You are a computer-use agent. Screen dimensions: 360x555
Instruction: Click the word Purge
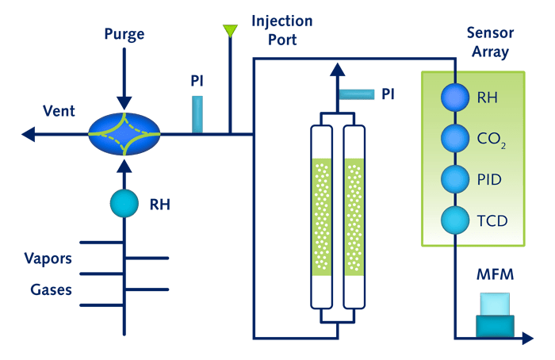(x=124, y=34)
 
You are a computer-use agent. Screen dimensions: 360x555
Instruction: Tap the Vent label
(x=60, y=111)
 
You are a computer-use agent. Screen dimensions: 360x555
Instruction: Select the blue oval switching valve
(x=124, y=133)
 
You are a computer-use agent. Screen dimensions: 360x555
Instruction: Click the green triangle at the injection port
(x=230, y=31)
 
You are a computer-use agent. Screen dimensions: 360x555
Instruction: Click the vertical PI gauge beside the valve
(x=197, y=113)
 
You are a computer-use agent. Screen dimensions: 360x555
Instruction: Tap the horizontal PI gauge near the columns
(x=358, y=94)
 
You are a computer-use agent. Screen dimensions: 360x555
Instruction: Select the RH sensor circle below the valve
(x=123, y=204)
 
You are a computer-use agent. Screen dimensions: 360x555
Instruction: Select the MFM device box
(x=495, y=315)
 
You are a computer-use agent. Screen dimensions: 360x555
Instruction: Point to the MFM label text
(x=495, y=275)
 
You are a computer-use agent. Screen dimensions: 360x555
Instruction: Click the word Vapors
(x=48, y=259)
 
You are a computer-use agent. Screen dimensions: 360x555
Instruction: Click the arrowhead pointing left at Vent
(x=29, y=134)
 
